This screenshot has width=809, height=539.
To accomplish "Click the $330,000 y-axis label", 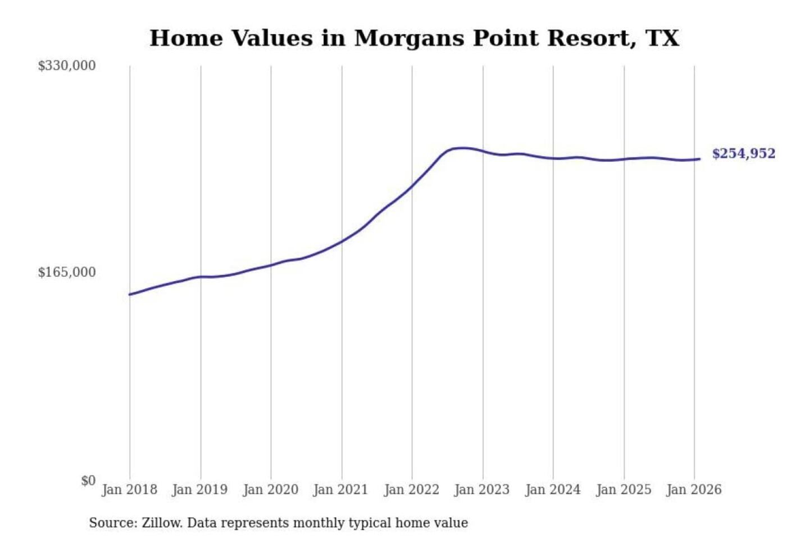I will pyautogui.click(x=66, y=66).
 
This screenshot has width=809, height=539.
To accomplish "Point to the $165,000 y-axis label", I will pyautogui.click(x=66, y=272).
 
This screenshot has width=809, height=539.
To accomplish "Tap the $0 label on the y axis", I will pyautogui.click(x=88, y=481).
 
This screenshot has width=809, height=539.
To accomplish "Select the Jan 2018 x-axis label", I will pyautogui.click(x=129, y=490).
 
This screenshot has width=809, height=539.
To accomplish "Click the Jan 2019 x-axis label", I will pyautogui.click(x=199, y=490).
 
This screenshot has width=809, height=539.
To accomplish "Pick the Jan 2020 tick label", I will pyautogui.click(x=270, y=490).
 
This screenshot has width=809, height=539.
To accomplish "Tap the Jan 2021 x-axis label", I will pyautogui.click(x=340, y=490).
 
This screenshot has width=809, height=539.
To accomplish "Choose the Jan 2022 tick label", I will pyautogui.click(x=411, y=490).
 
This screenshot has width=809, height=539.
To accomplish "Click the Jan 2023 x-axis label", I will pyautogui.click(x=481, y=490).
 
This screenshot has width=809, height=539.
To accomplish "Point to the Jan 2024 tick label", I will pyautogui.click(x=552, y=490).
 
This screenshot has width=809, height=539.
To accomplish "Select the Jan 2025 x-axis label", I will pyautogui.click(x=623, y=490).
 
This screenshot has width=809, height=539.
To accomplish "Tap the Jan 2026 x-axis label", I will pyautogui.click(x=693, y=490).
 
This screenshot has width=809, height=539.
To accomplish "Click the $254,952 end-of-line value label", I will pyautogui.click(x=743, y=154).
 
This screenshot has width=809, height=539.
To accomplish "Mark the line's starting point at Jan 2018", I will pyautogui.click(x=130, y=294).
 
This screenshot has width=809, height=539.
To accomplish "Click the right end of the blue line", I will pyautogui.click(x=699, y=159).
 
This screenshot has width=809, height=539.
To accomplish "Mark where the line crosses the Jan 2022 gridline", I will pyautogui.click(x=412, y=186).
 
